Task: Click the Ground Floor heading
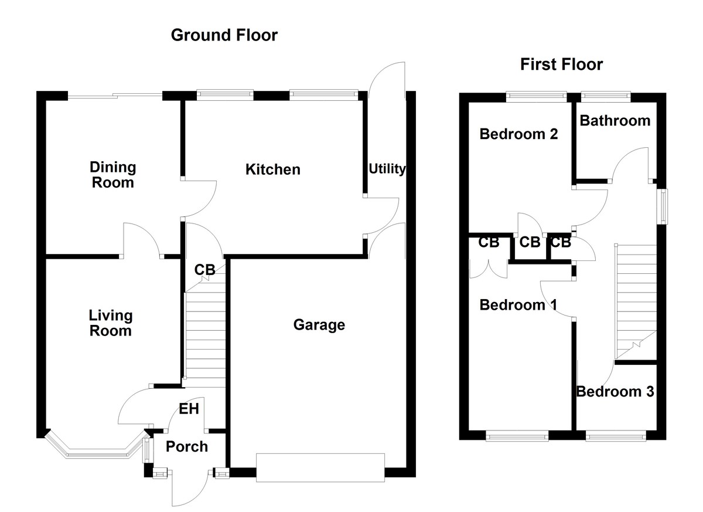[224, 35]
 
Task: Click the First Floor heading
[561, 65]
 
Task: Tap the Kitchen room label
[272, 169]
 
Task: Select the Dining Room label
[112, 175]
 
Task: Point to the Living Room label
[110, 323]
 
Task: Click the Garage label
[319, 324]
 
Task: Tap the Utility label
[387, 169]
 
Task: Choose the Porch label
[186, 447]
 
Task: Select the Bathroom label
[615, 121]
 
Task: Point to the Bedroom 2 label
[518, 134]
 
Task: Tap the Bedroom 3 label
[615, 391]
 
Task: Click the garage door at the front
[320, 467]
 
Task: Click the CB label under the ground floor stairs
[205, 270]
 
